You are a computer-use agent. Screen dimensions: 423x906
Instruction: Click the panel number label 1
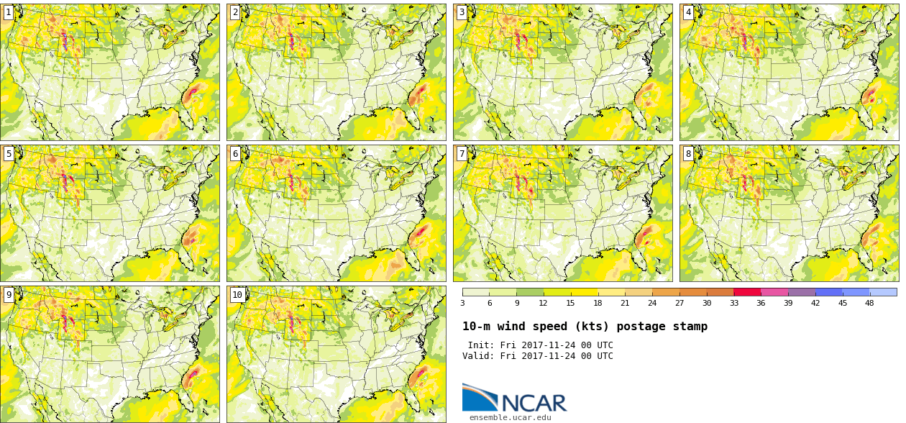tap(9, 12)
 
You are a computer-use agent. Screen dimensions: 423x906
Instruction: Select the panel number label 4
tap(688, 12)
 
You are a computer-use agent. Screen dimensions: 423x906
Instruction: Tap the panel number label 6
tap(235, 154)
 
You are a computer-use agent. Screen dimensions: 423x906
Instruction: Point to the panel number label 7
tap(462, 154)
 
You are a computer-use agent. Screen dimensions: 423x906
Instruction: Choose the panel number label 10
tap(237, 295)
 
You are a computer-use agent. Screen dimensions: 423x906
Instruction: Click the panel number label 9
tap(9, 295)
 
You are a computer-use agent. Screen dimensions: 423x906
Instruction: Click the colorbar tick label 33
tap(733, 303)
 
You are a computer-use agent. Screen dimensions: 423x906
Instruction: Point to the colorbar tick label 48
tap(869, 303)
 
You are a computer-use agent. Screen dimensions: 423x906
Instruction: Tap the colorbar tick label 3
tap(462, 303)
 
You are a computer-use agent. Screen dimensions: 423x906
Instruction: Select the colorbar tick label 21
tap(625, 303)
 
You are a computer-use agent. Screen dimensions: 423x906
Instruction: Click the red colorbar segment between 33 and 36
tap(747, 292)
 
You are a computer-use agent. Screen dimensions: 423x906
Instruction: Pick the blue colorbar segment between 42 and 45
tap(828, 292)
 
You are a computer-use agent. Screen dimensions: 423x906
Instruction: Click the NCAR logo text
tap(534, 403)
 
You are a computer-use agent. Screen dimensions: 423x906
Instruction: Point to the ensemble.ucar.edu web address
tap(511, 417)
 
